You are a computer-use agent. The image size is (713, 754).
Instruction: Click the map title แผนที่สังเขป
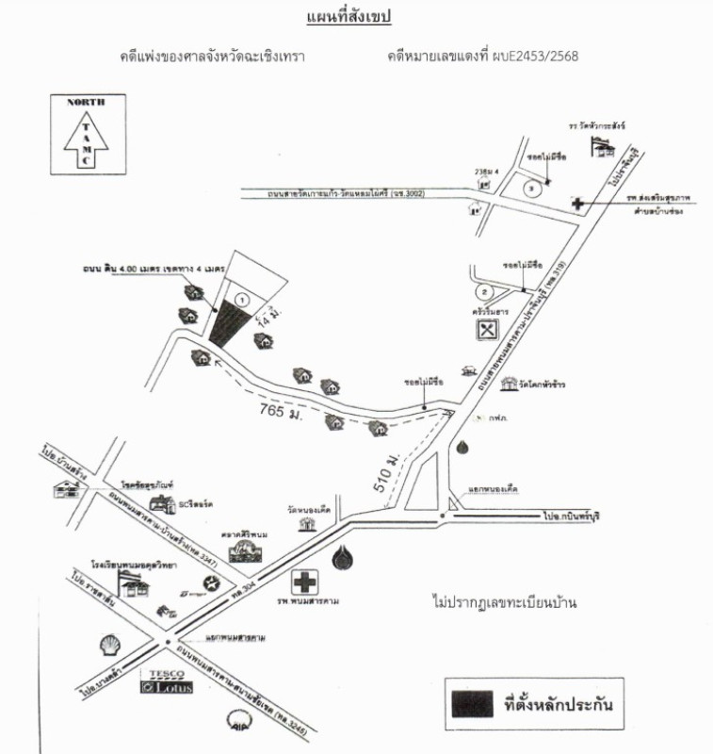348,17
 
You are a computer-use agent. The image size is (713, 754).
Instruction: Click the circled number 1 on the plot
242,299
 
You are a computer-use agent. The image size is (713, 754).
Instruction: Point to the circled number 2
484,291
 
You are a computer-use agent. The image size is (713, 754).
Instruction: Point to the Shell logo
110,645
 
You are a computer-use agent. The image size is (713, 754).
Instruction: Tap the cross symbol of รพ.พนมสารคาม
304,581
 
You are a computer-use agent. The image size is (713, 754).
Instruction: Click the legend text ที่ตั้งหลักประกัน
564,703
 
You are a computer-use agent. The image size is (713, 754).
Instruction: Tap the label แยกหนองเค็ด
493,489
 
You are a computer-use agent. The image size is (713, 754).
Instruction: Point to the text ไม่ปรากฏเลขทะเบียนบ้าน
504,600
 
